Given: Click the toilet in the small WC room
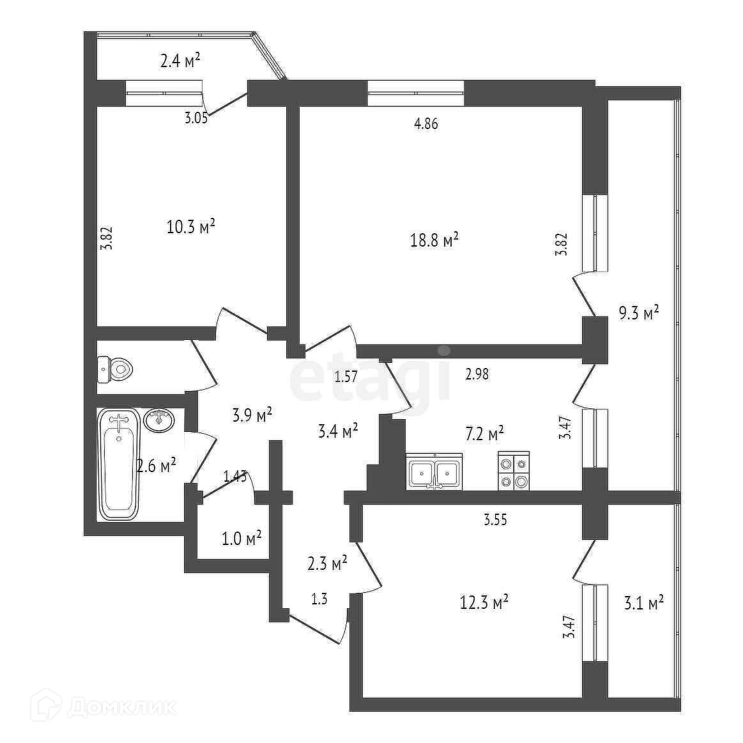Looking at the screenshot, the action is point(116,369).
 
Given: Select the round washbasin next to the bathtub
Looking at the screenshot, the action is point(160,420).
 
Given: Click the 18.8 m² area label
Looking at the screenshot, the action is point(434,241).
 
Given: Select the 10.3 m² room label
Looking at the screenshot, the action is point(190,227).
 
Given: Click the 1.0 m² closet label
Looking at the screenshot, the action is point(241,539).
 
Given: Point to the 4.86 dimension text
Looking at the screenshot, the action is point(426,124).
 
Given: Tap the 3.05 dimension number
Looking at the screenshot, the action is point(196,118).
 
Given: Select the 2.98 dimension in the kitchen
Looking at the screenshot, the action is point(477,374).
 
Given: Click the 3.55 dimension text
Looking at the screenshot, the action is point(495,519).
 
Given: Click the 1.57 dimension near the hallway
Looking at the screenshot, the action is point(346,377).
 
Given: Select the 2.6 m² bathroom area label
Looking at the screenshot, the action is point(156,465).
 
